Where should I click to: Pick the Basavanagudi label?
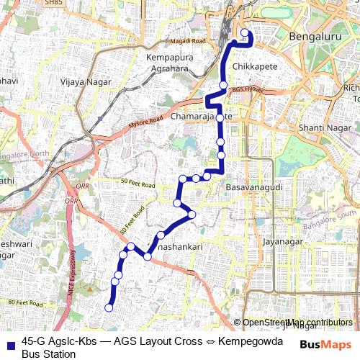click(x=252, y=187)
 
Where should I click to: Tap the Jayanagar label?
click(x=280, y=242)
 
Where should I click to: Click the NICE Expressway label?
click(x=73, y=270)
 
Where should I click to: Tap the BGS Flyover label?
click(x=247, y=90)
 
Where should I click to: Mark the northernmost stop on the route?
click(x=245, y=33)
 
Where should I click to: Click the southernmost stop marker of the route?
click(x=109, y=308)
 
